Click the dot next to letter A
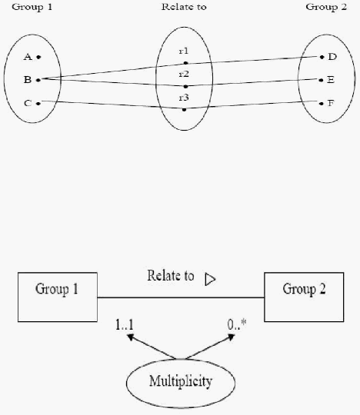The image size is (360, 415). click(38, 57)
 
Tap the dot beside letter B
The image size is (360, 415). click(38, 80)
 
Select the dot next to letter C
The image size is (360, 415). click(38, 104)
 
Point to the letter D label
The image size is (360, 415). click(332, 57)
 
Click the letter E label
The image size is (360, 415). click(331, 80)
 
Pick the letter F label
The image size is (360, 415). click(331, 103)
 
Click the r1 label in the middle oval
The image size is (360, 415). click(184, 51)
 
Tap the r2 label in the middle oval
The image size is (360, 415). click(184, 74)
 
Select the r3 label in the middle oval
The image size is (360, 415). click(184, 98)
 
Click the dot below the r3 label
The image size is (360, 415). click(185, 110)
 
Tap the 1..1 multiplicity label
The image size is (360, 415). click(125, 324)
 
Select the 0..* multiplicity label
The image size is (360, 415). click(237, 324)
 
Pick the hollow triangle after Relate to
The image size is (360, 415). click(210, 280)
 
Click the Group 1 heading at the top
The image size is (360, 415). click(32, 7)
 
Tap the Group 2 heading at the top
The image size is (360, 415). click(326, 7)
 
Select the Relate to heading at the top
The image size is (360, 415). click(184, 7)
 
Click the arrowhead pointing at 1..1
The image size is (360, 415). click(130, 337)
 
